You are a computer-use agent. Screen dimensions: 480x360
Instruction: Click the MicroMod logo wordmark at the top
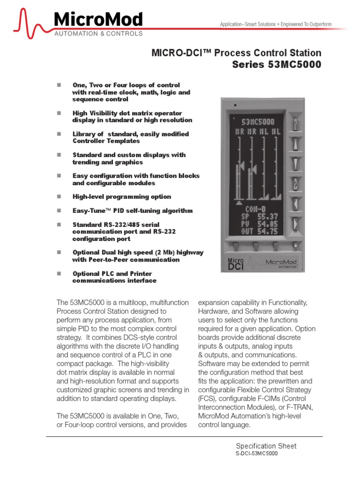tap(97, 20)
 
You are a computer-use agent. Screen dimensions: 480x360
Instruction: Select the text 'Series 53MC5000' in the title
tap(277, 65)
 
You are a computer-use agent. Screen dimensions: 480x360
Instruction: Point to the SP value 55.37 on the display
tap(267, 217)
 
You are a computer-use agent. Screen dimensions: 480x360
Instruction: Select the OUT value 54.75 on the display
tap(267, 231)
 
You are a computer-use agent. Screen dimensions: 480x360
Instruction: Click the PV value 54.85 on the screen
tap(267, 224)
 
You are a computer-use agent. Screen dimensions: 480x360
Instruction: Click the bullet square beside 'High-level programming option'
tap(59, 196)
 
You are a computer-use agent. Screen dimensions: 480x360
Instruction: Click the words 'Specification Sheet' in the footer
tap(266, 446)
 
